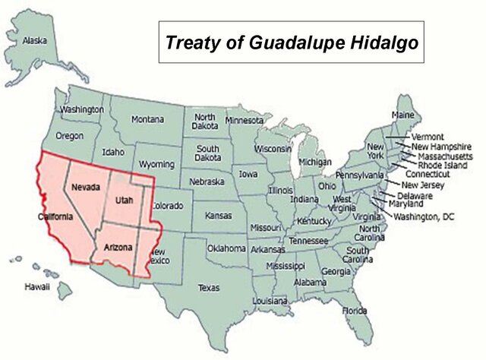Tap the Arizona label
pos(117,248)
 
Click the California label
pos(55,216)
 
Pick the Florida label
pos(354,311)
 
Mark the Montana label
pos(147,119)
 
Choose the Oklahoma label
pos(226,248)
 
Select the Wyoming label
pos(156,164)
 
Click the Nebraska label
pos(207,182)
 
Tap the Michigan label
pos(315,163)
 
